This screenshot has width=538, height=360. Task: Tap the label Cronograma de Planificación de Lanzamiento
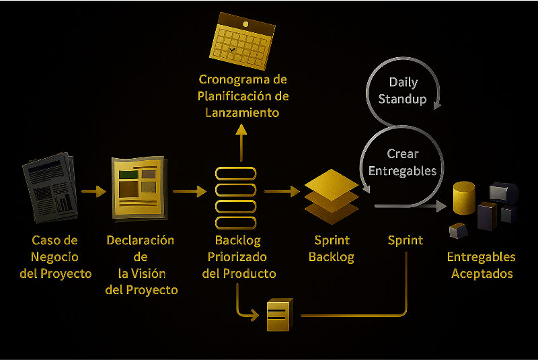[x=243, y=96]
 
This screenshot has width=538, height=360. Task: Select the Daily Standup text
[x=403, y=91]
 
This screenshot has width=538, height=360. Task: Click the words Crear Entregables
[x=402, y=162]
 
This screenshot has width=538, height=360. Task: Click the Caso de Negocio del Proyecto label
[x=54, y=256]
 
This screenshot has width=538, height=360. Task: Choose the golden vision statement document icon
[x=138, y=187]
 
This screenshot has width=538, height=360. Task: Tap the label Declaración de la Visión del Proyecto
[x=141, y=265]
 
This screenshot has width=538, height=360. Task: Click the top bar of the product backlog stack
[x=235, y=173]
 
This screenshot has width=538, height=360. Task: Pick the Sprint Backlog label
[x=331, y=248]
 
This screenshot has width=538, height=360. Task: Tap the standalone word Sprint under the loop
[x=406, y=240]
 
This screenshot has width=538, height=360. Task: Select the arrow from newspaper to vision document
[x=93, y=192]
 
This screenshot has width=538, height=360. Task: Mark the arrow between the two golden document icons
[x=189, y=192]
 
